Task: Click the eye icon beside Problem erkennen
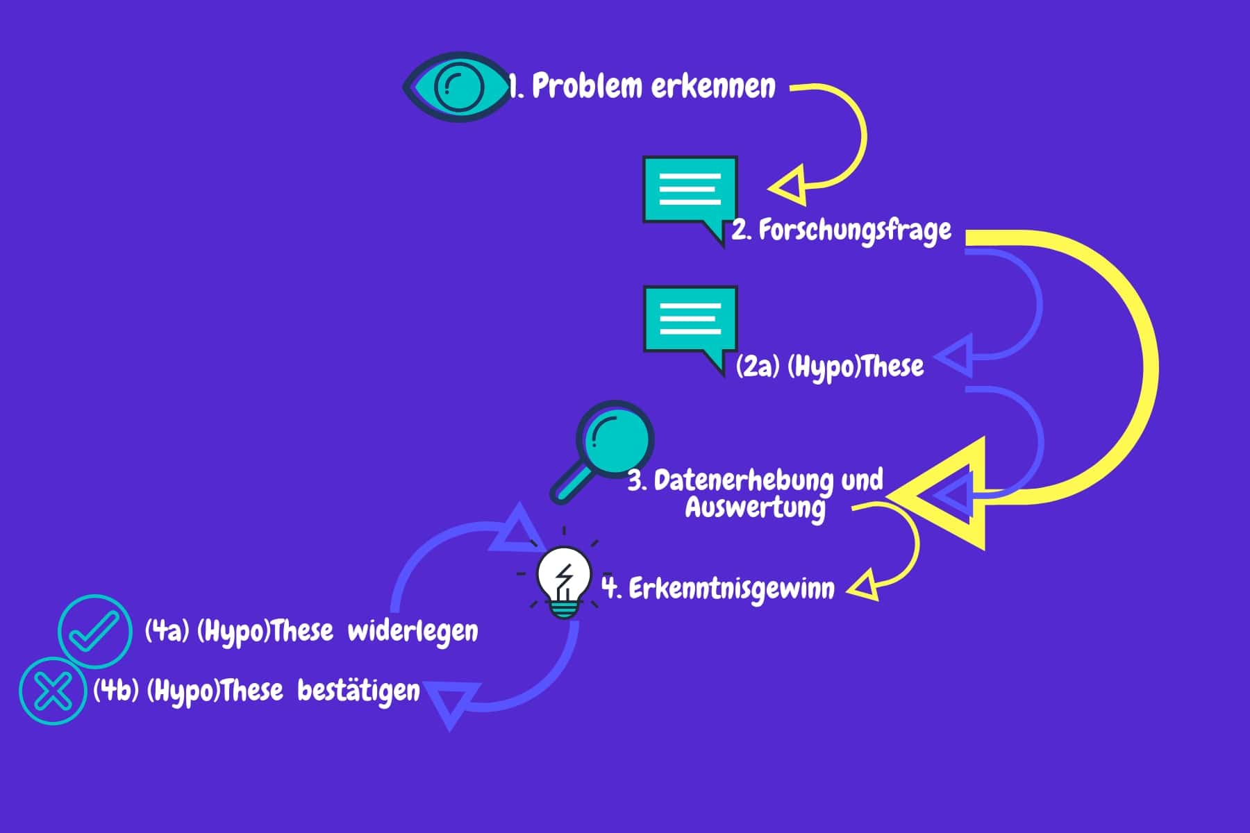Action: tap(457, 87)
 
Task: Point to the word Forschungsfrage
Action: tap(854, 230)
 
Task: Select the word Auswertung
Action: tap(755, 507)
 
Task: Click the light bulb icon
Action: tap(563, 582)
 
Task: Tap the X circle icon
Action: tap(53, 691)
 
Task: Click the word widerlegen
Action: tap(412, 632)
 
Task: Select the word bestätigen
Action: tap(358, 691)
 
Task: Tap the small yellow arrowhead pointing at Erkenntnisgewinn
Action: tap(865, 587)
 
